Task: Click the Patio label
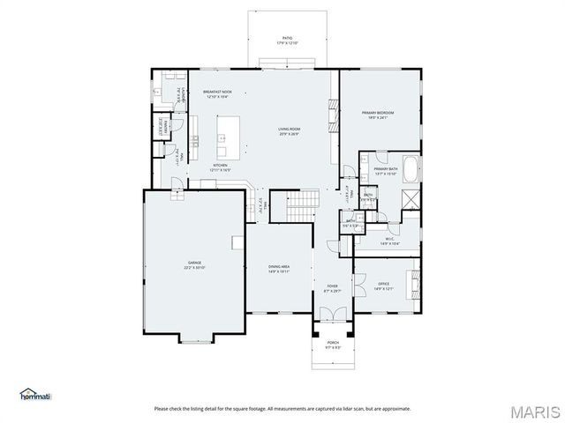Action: (x=282, y=41)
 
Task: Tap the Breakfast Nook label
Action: (x=217, y=94)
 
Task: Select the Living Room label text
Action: (x=290, y=131)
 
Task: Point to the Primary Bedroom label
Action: (x=377, y=115)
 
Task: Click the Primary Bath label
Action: (x=386, y=171)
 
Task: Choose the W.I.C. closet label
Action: (x=390, y=241)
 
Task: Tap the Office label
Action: (x=383, y=286)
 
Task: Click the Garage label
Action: (x=195, y=265)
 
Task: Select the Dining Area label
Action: (x=279, y=269)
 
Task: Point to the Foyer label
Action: (x=332, y=288)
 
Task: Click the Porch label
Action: (x=333, y=345)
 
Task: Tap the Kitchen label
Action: (x=220, y=167)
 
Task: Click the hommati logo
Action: (x=36, y=394)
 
